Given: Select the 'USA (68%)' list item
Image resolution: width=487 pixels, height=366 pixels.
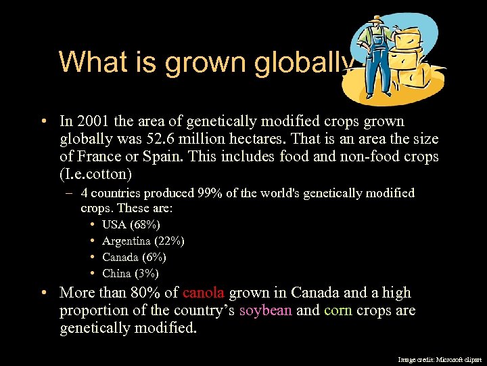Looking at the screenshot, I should point(131,224).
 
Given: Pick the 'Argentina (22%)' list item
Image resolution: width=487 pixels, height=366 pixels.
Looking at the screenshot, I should point(143,241).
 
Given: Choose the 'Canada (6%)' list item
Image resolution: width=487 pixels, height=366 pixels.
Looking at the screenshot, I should point(134,258).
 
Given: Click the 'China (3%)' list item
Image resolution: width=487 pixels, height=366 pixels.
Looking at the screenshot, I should point(131,274).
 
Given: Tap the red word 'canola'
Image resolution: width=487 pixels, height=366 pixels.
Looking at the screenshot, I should point(203,293).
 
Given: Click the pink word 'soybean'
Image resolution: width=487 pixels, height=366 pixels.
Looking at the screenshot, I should point(265,310).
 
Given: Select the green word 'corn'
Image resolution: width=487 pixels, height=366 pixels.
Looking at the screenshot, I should point(338,310).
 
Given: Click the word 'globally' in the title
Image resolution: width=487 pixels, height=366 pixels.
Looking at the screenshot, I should point(304,62).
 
